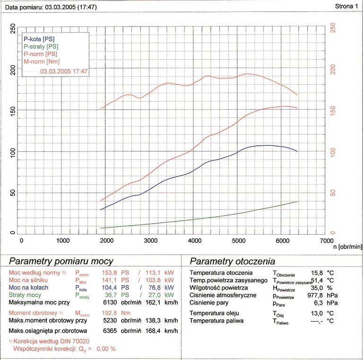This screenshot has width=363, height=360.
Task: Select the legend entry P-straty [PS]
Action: [x=41, y=46]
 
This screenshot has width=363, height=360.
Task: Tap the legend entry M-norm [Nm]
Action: [x=42, y=61]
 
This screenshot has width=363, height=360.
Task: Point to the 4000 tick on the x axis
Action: [x=195, y=240]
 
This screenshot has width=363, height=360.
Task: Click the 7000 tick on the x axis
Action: [x=325, y=240]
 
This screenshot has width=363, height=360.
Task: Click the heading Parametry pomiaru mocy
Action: [x=61, y=261]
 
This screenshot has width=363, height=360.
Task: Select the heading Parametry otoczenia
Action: [x=233, y=262]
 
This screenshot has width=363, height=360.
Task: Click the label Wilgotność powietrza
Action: [x=219, y=288]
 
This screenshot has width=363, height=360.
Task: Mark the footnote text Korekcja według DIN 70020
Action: [x=52, y=341]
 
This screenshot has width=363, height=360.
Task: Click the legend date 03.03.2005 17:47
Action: [x=64, y=71]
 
